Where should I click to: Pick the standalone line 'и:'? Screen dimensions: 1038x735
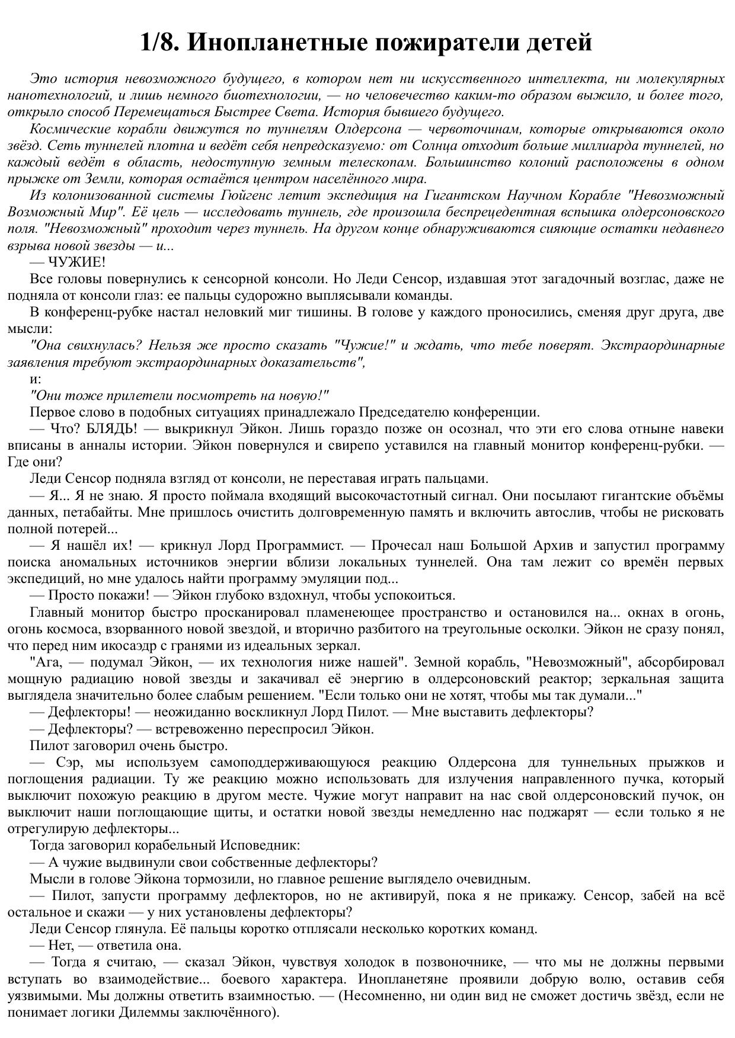pos(36,379)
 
